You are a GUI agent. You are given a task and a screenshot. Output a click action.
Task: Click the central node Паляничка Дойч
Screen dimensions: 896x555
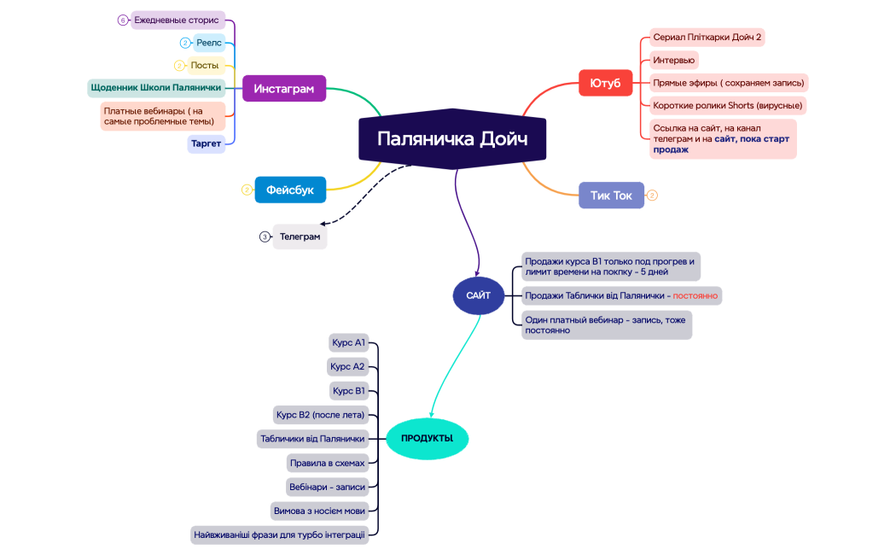pyautogui.click(x=452, y=139)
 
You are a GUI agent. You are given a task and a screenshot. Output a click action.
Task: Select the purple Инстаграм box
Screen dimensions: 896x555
pyautogui.click(x=284, y=89)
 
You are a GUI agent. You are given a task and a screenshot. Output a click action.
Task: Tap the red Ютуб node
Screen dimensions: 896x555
pyautogui.click(x=605, y=83)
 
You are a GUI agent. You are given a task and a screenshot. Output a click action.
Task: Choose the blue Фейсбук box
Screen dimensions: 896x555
pyautogui.click(x=290, y=190)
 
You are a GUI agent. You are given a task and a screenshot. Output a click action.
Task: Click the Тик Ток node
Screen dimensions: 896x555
pyautogui.click(x=612, y=196)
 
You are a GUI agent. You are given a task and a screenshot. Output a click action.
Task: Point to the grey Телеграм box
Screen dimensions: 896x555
pyautogui.click(x=300, y=237)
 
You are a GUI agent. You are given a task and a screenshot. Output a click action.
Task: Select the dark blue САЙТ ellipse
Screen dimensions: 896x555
pyautogui.click(x=478, y=295)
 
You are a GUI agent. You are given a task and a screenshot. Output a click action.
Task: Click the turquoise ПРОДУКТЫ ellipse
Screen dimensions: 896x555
pyautogui.click(x=428, y=438)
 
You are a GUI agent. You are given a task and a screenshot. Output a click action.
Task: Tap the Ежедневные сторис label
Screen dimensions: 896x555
pyautogui.click(x=177, y=20)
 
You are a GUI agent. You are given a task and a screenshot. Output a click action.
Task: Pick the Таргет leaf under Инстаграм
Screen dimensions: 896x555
pyautogui.click(x=207, y=143)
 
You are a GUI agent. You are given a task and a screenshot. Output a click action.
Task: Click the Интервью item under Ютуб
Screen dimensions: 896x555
pyautogui.click(x=674, y=60)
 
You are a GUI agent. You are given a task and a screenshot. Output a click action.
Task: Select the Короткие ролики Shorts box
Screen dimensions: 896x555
pyautogui.click(x=728, y=105)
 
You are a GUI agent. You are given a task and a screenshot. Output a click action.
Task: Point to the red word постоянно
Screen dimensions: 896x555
pyautogui.click(x=695, y=295)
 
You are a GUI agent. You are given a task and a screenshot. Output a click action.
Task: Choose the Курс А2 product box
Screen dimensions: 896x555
pyautogui.click(x=347, y=366)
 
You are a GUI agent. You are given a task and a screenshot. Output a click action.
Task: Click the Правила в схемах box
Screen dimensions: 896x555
pyautogui.click(x=327, y=463)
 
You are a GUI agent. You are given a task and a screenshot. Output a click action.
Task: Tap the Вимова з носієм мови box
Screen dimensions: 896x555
pyautogui.click(x=319, y=511)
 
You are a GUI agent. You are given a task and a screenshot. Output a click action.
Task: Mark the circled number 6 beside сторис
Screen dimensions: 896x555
pyautogui.click(x=123, y=20)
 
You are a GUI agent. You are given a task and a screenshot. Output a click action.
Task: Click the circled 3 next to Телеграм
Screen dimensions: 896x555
pyautogui.click(x=265, y=237)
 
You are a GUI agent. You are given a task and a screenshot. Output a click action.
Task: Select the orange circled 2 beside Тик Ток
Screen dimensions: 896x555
pyautogui.click(x=652, y=196)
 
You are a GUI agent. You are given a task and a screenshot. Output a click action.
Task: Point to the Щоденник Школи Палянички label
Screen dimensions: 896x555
pyautogui.click(x=156, y=87)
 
